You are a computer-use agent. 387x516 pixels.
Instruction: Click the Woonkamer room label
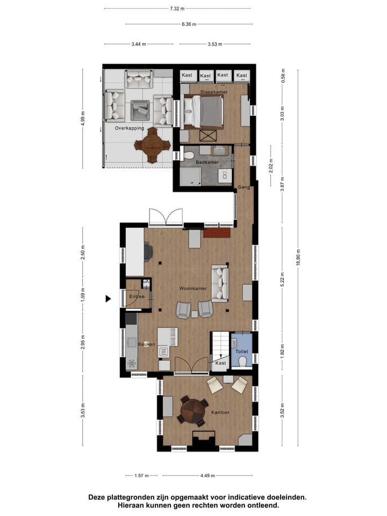[193, 289]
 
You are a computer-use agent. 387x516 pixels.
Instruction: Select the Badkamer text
[207, 161]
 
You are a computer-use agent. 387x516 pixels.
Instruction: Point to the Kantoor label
[220, 413]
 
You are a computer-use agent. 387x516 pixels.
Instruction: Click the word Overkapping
[130, 128]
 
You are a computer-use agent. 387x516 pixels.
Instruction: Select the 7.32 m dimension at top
[177, 9]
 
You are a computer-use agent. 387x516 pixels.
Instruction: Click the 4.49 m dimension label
[207, 476]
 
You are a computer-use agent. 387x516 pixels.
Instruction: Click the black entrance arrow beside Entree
[109, 298]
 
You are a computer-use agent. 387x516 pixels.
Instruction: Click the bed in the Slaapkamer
[204, 111]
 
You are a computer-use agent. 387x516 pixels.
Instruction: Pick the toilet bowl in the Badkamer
[188, 155]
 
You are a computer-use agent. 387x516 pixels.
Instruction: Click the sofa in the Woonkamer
[220, 283]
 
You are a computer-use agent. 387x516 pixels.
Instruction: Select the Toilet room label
[241, 351]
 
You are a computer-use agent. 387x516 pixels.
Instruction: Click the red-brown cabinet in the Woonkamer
[217, 233]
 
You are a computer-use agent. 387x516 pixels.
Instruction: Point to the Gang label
[243, 187]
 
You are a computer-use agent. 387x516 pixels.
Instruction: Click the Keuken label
[147, 344]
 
